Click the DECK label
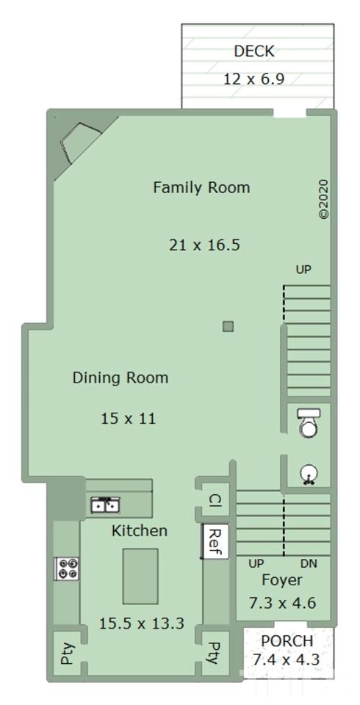tap(253, 51)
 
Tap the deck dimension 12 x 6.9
tap(254, 79)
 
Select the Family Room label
tap(201, 187)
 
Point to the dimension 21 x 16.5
tap(204, 245)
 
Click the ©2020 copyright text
tap(323, 199)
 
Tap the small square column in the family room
tap(228, 326)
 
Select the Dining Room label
tap(120, 377)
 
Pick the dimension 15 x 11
tap(129, 419)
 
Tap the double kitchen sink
tap(105, 505)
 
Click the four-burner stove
tap(67, 568)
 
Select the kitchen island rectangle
tap(140, 576)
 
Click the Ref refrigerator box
tap(215, 541)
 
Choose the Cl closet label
tap(215, 500)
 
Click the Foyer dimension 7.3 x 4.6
tap(283, 602)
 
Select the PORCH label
tap(287, 640)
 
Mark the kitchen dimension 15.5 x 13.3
tap(142, 623)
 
